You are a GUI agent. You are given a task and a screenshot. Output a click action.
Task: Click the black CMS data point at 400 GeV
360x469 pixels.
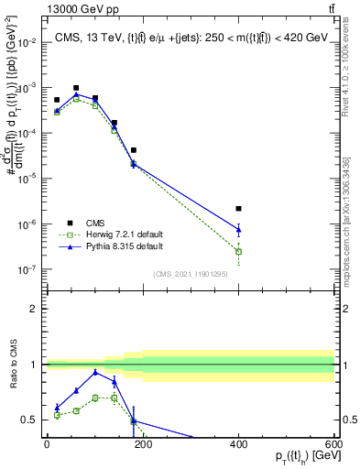(x=238, y=209)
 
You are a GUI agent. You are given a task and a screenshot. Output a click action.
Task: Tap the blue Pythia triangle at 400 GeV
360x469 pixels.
(x=238, y=229)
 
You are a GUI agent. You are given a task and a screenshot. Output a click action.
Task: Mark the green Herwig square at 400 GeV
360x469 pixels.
(x=238, y=251)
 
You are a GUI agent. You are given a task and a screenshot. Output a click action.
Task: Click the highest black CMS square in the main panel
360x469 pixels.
(x=76, y=88)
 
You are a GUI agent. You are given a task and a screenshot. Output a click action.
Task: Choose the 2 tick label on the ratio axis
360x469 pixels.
(x=35, y=309)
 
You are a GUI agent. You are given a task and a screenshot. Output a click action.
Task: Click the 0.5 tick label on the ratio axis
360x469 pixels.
(x=31, y=420)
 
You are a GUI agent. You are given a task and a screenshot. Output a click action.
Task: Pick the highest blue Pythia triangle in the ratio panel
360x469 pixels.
(x=95, y=372)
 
